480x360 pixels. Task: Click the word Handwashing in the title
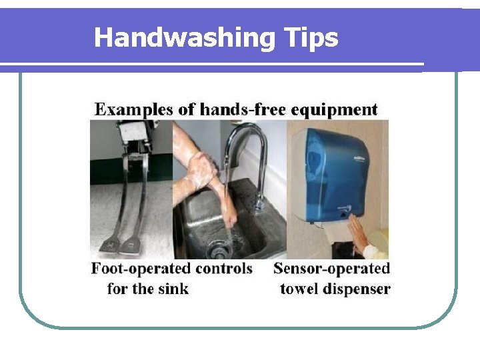183,38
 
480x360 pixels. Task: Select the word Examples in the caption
134,109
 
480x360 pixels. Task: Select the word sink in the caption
175,289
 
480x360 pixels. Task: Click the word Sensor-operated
331,269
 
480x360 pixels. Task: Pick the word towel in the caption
300,289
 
